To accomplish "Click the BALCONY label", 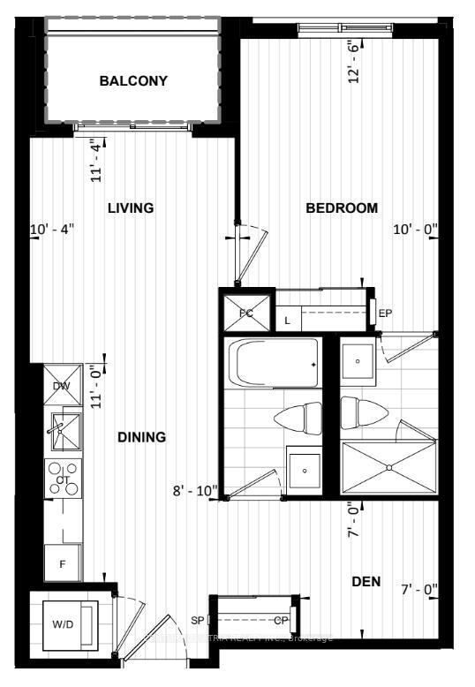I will (x=133, y=81).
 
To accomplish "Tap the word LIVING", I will (x=131, y=208).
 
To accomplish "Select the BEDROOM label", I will (x=342, y=208).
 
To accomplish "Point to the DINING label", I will (x=141, y=437).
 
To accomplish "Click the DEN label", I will (x=366, y=581).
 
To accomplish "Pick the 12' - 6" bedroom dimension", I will (x=354, y=63).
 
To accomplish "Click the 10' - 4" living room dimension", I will (x=52, y=230).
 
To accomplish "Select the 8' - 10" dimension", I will (x=195, y=490).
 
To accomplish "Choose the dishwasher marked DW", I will (x=63, y=386).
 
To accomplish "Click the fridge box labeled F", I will (x=63, y=562).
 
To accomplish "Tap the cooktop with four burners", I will (x=64, y=478).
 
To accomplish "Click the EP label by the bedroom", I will (x=385, y=313).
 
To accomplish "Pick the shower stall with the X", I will (x=388, y=467).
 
